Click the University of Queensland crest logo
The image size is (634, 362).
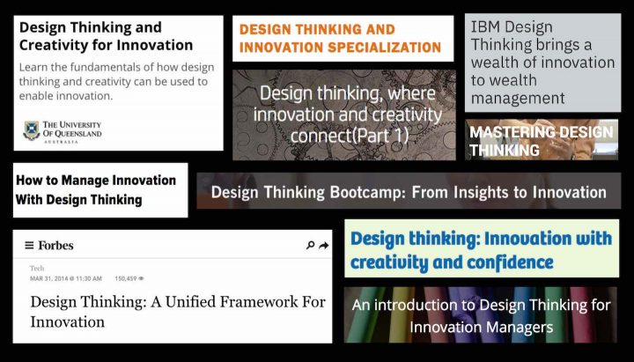point(32,130)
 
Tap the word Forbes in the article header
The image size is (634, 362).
point(55,246)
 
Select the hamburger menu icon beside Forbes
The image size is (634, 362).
point(29,246)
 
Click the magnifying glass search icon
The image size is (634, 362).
point(311,245)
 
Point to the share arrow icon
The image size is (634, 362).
point(323,246)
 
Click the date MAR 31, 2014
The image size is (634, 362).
point(49,278)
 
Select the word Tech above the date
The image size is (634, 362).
point(37,268)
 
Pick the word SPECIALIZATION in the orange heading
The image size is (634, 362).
point(384,48)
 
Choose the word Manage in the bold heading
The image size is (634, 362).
point(84,181)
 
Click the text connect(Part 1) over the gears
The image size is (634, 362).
point(350,136)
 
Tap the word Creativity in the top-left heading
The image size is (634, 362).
point(53,45)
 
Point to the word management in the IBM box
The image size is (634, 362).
point(518,99)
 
